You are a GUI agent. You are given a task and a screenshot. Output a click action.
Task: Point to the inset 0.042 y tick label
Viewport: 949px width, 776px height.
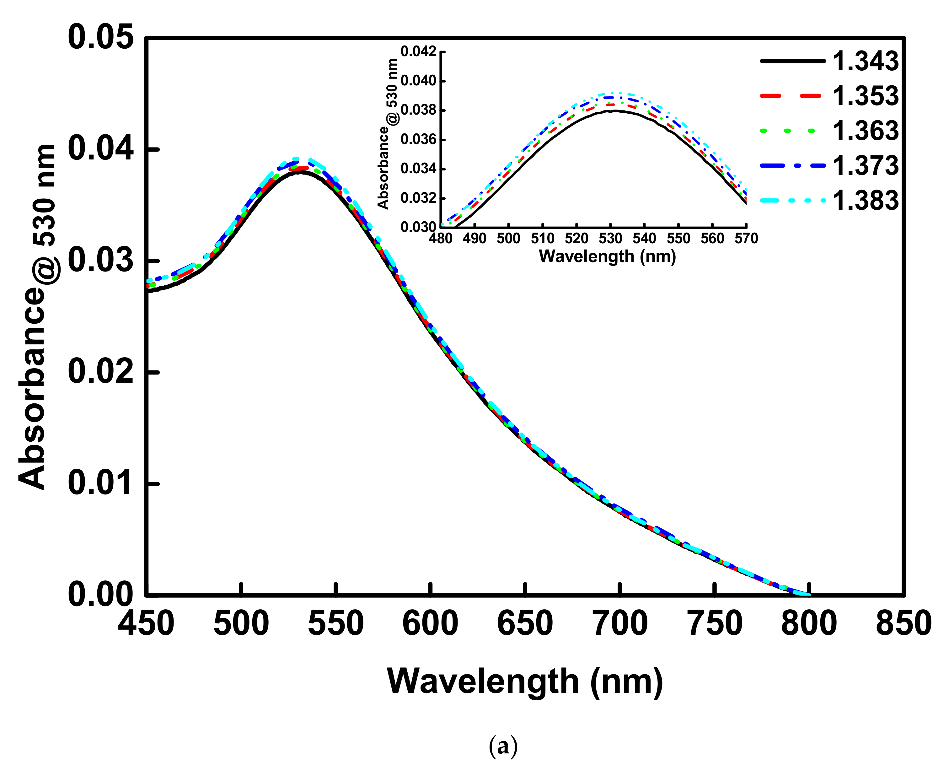click(x=418, y=52)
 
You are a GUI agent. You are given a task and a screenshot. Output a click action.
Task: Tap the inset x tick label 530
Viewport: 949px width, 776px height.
click(x=610, y=239)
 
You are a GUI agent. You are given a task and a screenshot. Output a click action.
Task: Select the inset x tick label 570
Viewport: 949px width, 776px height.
click(x=746, y=239)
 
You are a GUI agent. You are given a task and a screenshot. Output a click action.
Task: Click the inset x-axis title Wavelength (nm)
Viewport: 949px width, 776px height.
click(x=607, y=256)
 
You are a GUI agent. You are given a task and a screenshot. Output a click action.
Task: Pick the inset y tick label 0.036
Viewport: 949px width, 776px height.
click(x=418, y=139)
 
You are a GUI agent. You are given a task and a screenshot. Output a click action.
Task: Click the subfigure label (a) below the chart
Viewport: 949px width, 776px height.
click(x=503, y=746)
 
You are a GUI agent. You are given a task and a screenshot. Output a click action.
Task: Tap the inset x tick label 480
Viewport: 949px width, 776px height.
click(x=441, y=239)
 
